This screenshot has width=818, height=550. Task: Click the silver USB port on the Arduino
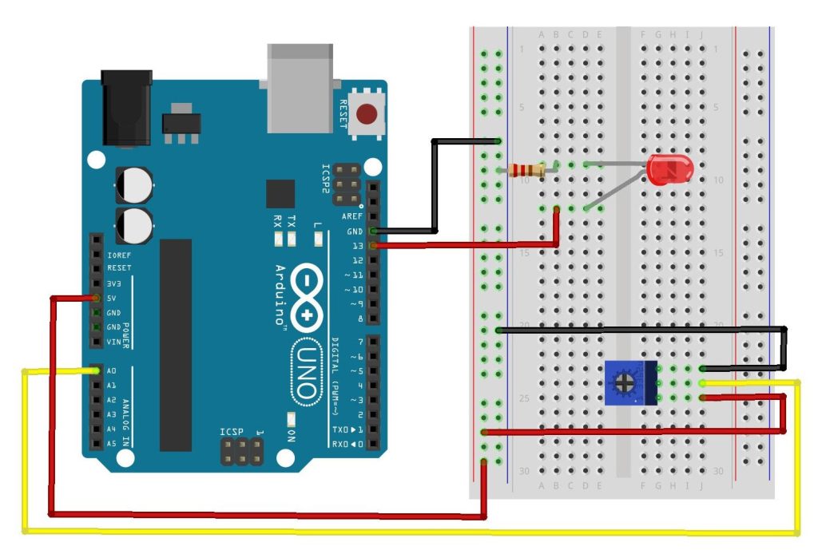[299, 87]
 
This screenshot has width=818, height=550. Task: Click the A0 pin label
[112, 371]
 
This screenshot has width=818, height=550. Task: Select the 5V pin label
[112, 299]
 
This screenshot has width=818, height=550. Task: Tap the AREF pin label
[352, 216]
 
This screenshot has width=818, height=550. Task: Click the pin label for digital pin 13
[357, 246]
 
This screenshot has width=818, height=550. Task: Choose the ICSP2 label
[325, 179]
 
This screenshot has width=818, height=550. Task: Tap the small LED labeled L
[318, 239]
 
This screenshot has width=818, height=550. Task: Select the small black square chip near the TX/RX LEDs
[280, 194]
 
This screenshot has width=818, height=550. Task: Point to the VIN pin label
[113, 342]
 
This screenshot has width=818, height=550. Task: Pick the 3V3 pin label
[113, 283]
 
